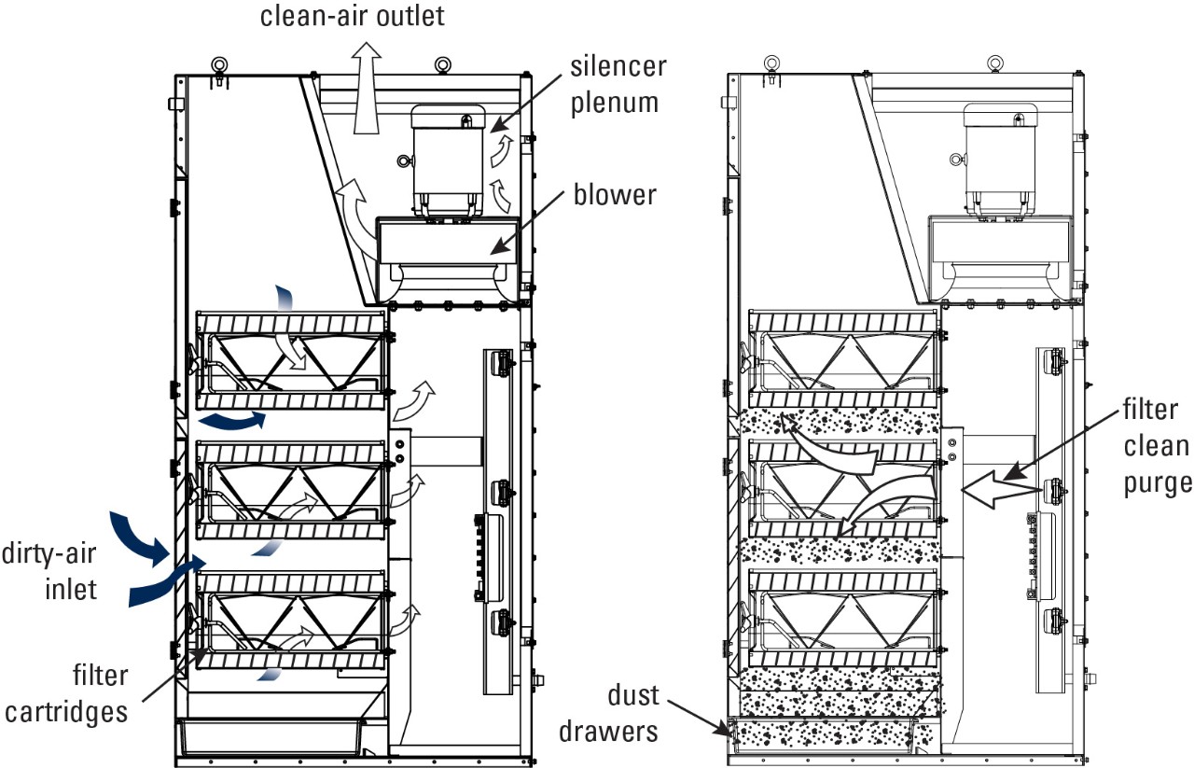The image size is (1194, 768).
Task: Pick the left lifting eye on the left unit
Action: (220, 65)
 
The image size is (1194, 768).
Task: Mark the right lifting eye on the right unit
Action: (994, 64)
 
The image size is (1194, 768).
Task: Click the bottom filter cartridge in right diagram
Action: (844, 616)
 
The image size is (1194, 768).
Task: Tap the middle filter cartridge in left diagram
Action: (291, 490)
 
